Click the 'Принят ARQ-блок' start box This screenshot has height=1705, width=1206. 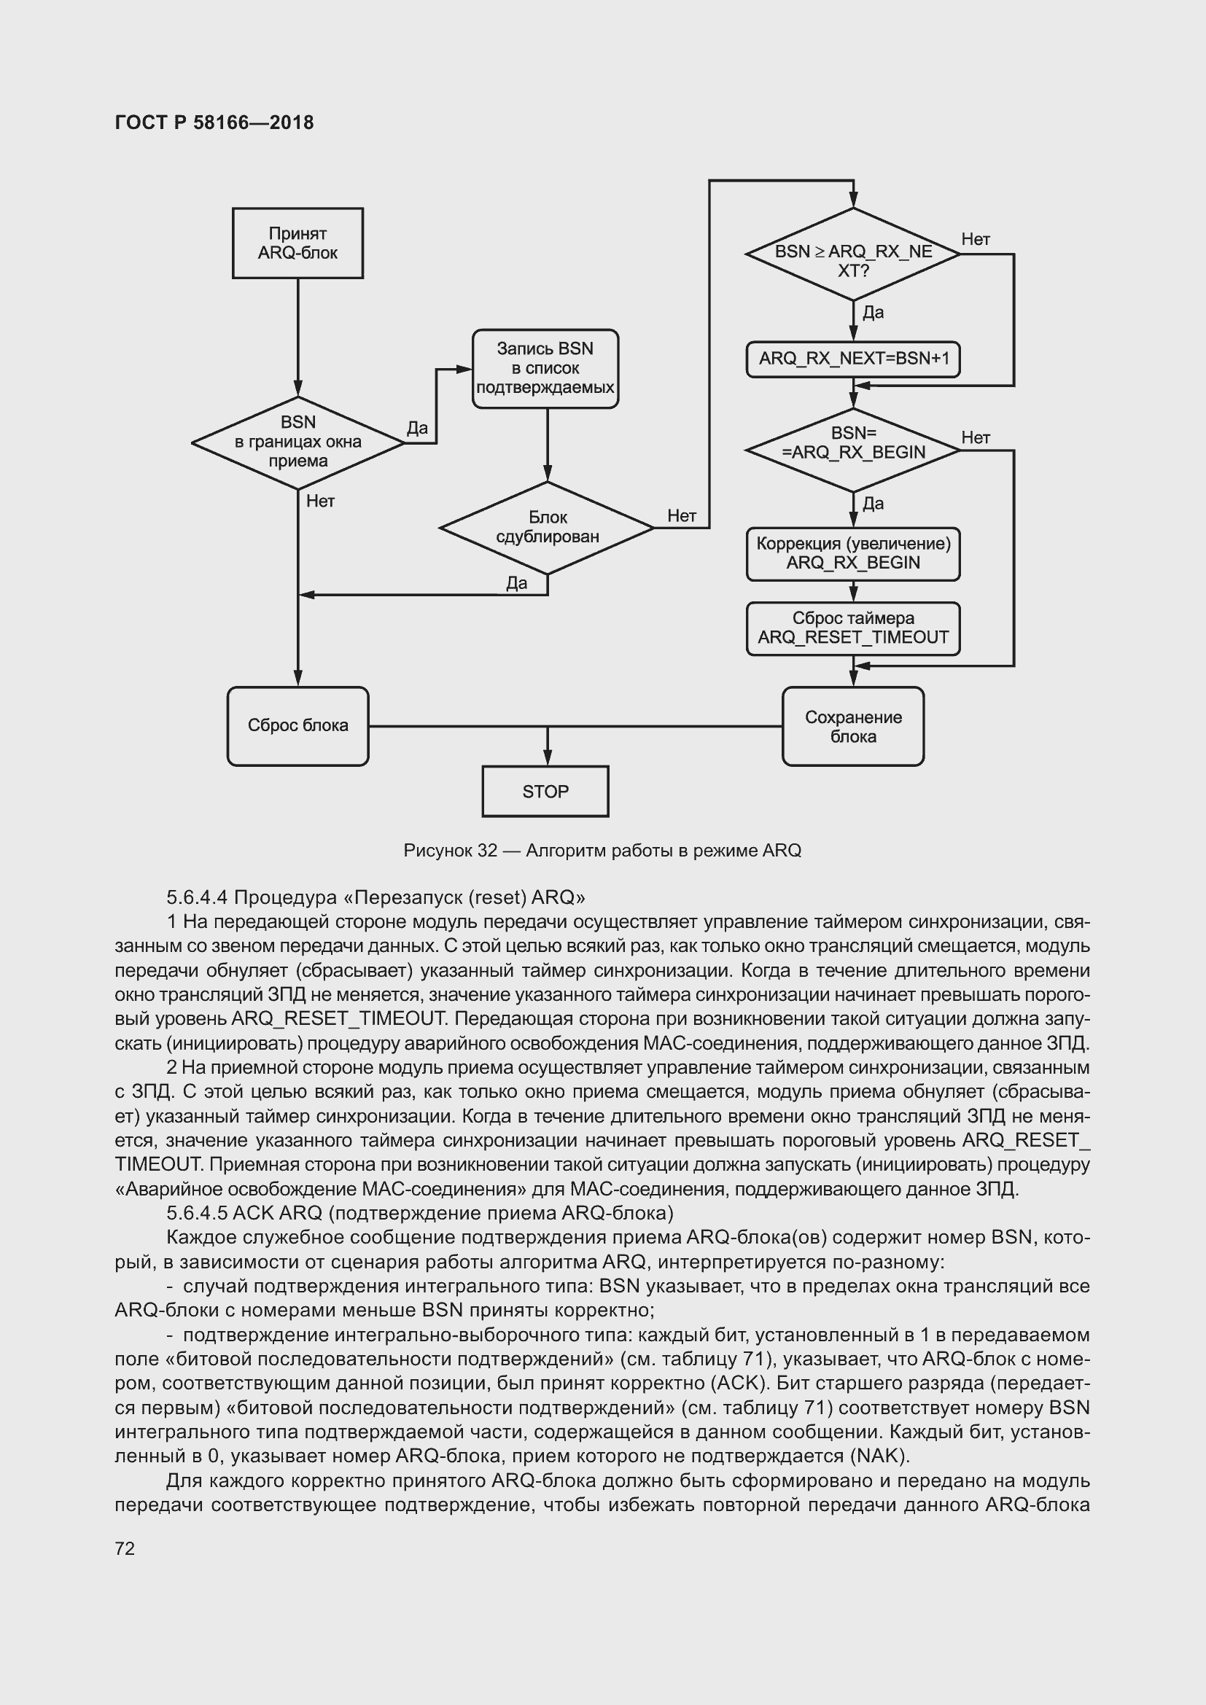(297, 243)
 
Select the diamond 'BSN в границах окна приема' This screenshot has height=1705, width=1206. (297, 442)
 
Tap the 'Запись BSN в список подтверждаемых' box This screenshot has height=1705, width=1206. (545, 368)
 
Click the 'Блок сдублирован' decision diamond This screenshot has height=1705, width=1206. (548, 527)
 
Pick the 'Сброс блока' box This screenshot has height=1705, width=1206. (297, 725)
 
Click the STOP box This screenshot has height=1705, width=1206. (545, 792)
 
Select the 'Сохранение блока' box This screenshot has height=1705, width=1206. (852, 726)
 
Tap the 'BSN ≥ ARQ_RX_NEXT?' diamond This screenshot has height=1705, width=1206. (852, 254)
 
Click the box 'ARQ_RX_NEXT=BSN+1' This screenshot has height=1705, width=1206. (852, 359)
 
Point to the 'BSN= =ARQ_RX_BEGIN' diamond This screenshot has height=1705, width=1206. (852, 449)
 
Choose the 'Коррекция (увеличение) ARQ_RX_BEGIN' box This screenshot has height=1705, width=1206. (852, 554)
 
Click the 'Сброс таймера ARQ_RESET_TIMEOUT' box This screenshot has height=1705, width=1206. (852, 628)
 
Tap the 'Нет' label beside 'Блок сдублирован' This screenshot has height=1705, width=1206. (681, 515)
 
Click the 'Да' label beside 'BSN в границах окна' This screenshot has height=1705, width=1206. (417, 429)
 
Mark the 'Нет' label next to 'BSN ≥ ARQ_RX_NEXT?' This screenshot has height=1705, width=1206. (975, 239)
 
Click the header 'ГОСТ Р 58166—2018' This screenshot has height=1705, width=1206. (214, 122)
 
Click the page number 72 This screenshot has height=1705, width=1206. (125, 1548)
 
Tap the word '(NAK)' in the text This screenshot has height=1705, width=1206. (882, 1456)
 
